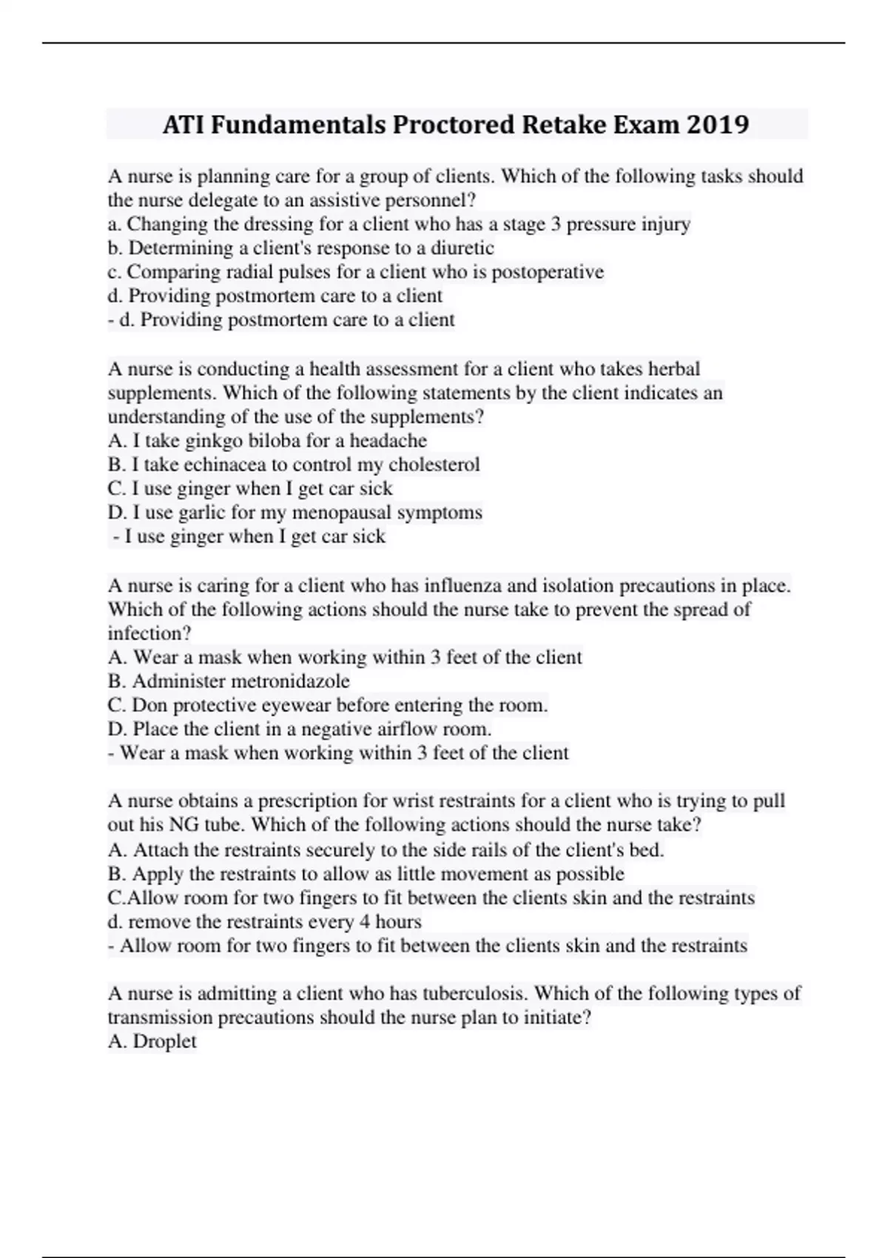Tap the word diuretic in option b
click(462, 248)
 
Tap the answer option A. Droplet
click(152, 1041)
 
